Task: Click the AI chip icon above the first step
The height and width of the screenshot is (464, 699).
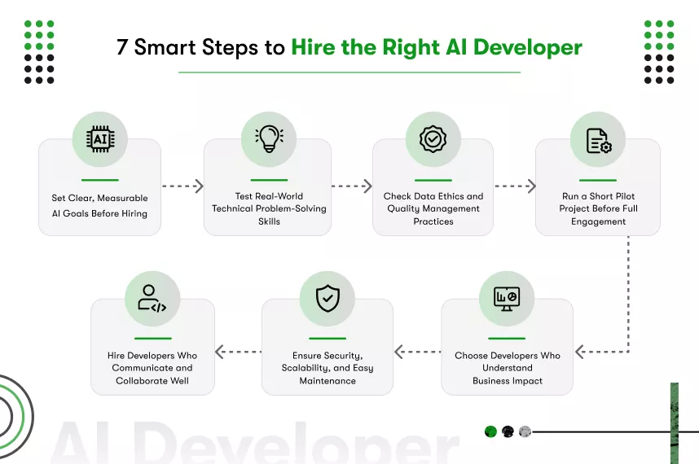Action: (100, 139)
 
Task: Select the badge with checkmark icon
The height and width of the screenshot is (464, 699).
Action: (433, 139)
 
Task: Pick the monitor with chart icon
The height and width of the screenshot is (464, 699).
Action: (507, 299)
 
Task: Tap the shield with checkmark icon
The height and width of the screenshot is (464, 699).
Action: (327, 299)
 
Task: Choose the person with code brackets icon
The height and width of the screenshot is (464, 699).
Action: (152, 299)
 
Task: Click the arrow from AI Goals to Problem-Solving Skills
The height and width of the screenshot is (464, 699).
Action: (182, 186)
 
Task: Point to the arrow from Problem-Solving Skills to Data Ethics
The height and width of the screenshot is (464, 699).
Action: (352, 186)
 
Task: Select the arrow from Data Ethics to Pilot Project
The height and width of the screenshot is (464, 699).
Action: (515, 186)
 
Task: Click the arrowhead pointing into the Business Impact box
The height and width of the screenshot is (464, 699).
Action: (579, 352)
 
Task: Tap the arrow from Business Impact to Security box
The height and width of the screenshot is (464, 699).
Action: (417, 352)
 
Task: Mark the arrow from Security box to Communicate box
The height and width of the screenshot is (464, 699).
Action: (238, 352)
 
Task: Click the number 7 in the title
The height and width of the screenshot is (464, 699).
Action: (122, 47)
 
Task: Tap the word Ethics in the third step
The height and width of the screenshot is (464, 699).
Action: (455, 196)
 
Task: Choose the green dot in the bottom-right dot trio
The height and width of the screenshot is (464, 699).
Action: (490, 431)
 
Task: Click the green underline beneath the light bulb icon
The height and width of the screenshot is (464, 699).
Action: (269, 179)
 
